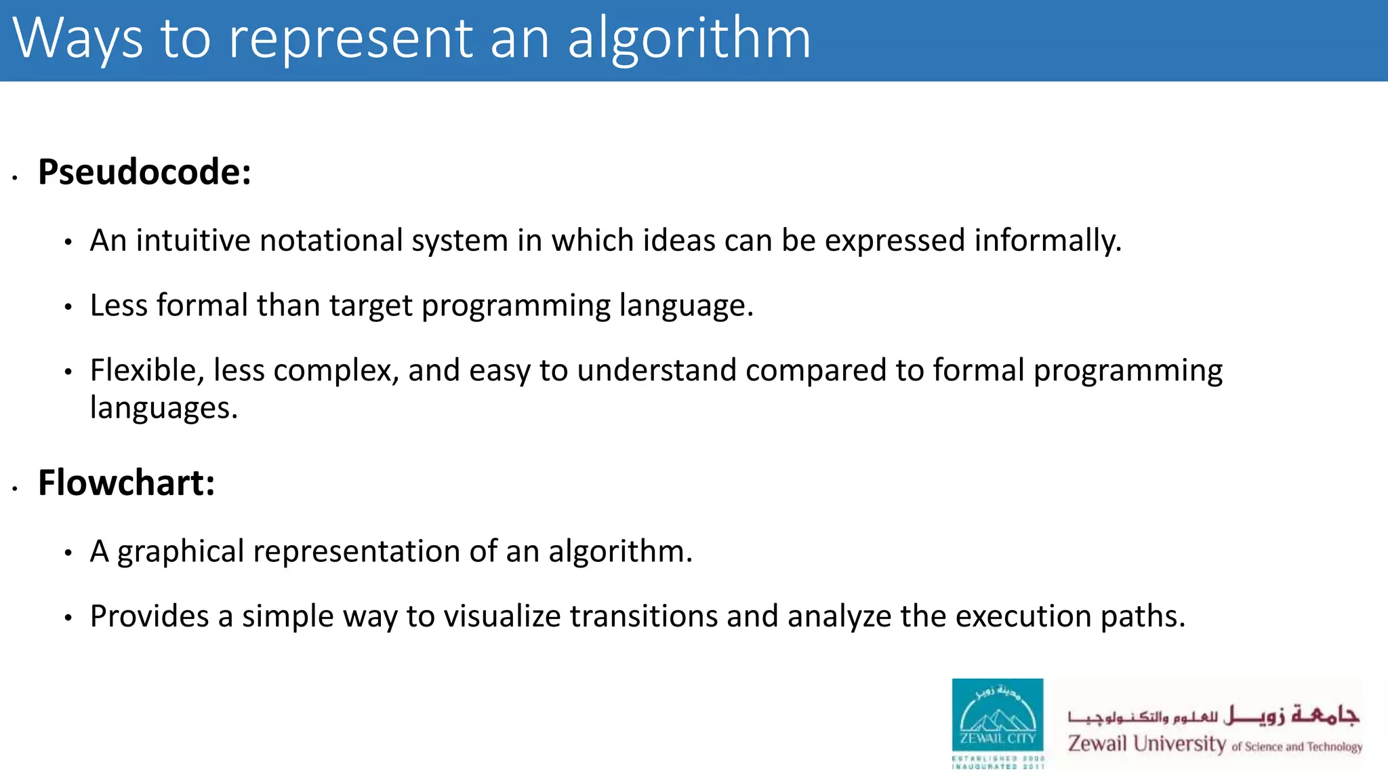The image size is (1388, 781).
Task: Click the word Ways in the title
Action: tap(78, 39)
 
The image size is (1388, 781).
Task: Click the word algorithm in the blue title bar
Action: tap(689, 39)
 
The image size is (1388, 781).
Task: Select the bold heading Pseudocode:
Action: tap(144, 172)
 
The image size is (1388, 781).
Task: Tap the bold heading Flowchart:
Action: tap(126, 483)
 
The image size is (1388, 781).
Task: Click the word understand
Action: tap(657, 371)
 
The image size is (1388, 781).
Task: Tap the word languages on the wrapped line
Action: tap(163, 408)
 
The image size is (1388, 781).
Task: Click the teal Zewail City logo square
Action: tap(998, 715)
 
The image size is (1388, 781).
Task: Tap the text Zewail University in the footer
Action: tap(1147, 744)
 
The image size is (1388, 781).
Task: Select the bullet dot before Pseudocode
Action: tap(15, 178)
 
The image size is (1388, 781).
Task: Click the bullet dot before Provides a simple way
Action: tap(68, 618)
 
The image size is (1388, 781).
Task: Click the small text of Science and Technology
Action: tap(1297, 747)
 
